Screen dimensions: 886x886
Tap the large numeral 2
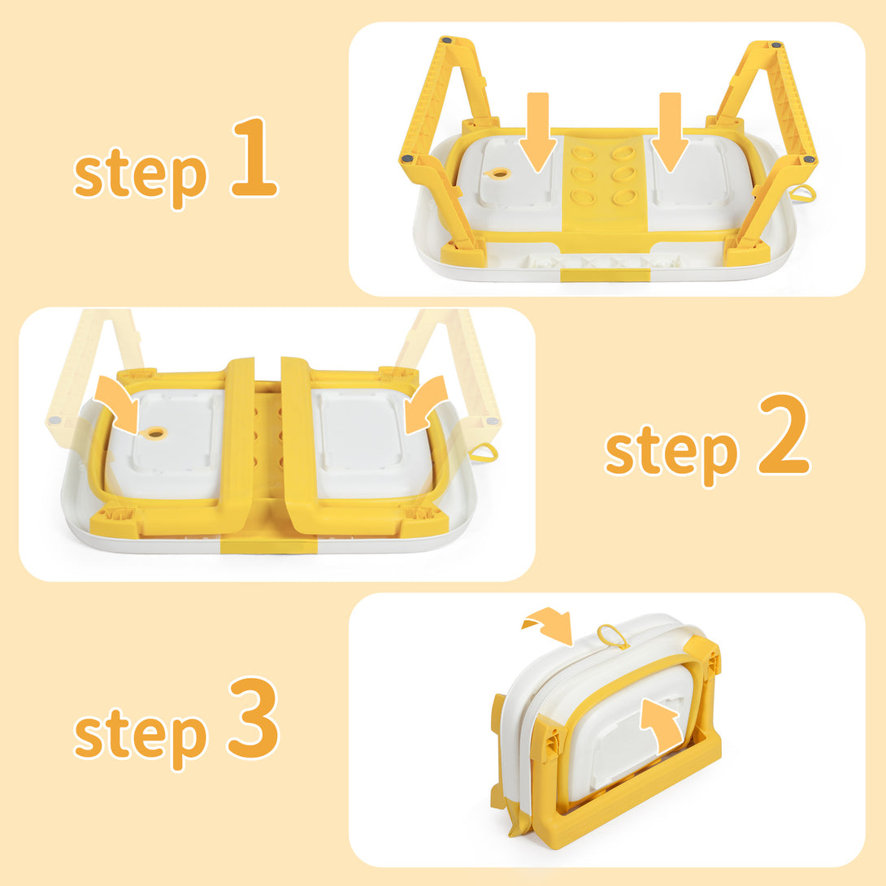pyautogui.click(x=784, y=434)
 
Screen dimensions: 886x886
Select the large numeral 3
pyautogui.click(x=254, y=718)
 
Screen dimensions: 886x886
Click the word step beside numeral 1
pyautogui.click(x=141, y=174)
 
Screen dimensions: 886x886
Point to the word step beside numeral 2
pyautogui.click(x=671, y=452)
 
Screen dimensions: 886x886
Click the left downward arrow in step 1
pyautogui.click(x=538, y=132)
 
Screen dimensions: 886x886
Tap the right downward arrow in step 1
pyautogui.click(x=670, y=132)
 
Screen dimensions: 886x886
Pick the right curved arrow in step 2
pyautogui.click(x=425, y=402)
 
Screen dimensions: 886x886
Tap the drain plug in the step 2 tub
pyautogui.click(x=154, y=433)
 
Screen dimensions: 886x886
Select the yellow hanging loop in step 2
pyautogui.click(x=484, y=452)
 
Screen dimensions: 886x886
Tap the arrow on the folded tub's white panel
pyautogui.click(x=662, y=724)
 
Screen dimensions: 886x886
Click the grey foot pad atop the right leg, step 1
pyautogui.click(x=776, y=45)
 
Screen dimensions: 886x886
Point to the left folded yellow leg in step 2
pyautogui.click(x=240, y=446)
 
